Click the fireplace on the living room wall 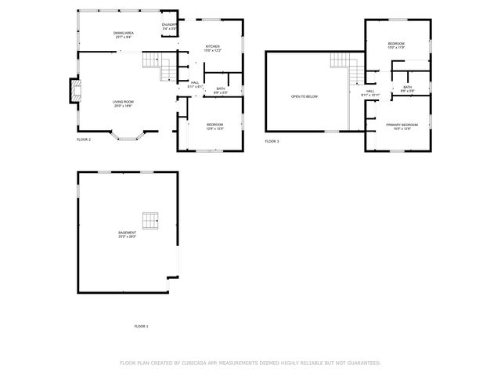coord(74,92)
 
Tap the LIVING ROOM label coord(122,102)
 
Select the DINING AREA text coord(124,33)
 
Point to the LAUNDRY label coord(169,26)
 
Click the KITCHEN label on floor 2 coord(213,46)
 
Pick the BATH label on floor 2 coord(221,89)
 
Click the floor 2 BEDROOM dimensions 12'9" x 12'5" coord(215,128)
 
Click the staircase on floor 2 coord(163,66)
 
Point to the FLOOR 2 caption coord(84,139)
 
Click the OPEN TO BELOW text coord(305,96)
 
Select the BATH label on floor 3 coord(407,87)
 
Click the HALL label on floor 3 coord(369,91)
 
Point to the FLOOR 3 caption coord(272,141)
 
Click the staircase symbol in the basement coord(150,221)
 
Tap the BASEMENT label coord(127,233)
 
